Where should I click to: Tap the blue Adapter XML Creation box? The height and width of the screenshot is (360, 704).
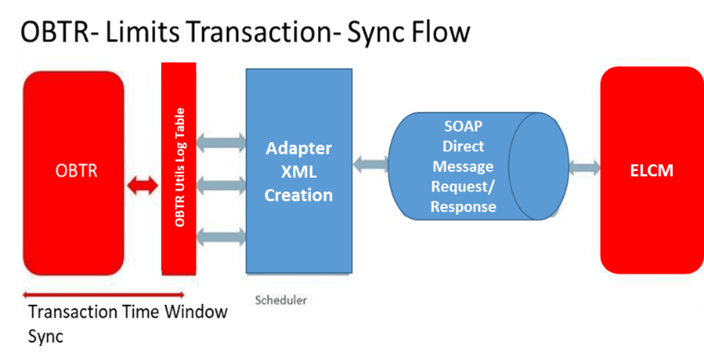point(299,172)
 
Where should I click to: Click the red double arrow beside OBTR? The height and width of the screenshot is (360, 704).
point(142,188)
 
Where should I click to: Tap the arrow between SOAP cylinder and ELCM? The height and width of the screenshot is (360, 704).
point(584,168)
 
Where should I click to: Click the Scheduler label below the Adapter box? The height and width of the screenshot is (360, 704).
point(281,301)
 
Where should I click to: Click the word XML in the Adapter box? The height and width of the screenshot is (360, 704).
point(299,172)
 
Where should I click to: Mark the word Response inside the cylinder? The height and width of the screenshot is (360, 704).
point(464,206)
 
